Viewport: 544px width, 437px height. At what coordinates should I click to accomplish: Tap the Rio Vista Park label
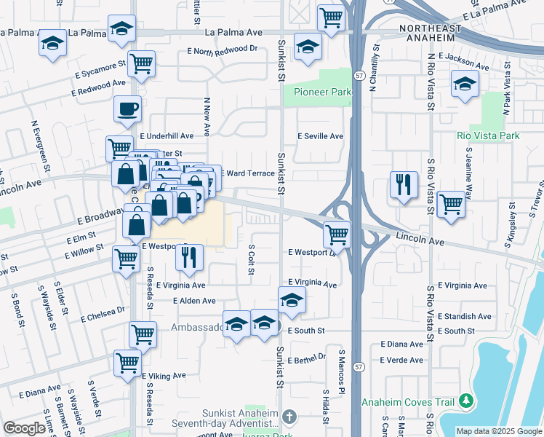(x=489, y=136)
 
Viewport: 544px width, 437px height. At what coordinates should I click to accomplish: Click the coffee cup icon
(x=127, y=111)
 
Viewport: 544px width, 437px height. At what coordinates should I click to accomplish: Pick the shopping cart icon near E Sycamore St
(x=141, y=63)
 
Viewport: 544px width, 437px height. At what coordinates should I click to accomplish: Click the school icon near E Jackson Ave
(x=465, y=84)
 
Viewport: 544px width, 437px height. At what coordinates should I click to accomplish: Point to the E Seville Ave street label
(x=321, y=136)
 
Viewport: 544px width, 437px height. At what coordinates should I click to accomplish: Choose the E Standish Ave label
(x=465, y=317)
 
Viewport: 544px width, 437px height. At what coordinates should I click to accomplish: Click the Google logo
(x=24, y=428)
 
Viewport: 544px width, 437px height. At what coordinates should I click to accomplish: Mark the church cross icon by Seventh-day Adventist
(x=289, y=417)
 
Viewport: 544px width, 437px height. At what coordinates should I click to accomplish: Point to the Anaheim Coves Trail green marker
(x=466, y=401)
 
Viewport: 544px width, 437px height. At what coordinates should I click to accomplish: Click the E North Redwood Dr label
(x=223, y=51)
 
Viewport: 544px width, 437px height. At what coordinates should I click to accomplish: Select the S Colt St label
(x=250, y=260)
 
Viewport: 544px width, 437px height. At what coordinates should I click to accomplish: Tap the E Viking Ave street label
(x=164, y=376)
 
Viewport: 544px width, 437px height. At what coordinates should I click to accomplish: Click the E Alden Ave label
(x=194, y=301)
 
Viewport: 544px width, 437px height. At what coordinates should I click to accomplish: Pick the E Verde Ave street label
(x=401, y=360)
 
